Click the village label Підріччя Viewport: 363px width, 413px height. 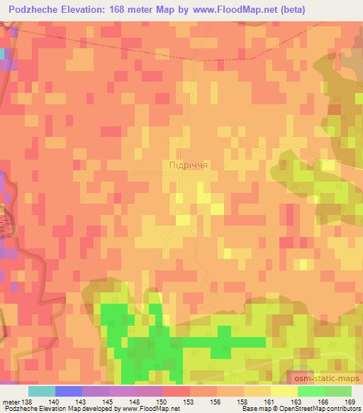point(189,165)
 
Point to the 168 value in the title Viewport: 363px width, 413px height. point(135,10)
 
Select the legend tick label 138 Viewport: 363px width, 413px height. point(27,402)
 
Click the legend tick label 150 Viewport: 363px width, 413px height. point(162,402)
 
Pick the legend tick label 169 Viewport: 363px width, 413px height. point(350,402)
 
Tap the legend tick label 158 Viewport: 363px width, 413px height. point(242,402)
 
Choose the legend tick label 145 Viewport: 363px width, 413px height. point(108,402)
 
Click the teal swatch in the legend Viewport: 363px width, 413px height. point(41,391)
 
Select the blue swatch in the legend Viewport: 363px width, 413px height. point(68,391)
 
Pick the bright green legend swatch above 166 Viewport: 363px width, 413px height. point(311,391)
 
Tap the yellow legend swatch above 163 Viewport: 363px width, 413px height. point(284,391)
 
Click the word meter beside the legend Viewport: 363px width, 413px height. point(10,402)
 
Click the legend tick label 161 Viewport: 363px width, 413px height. point(269,402)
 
